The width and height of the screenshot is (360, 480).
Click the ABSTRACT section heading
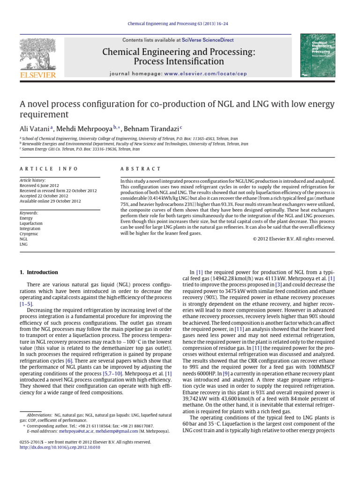tap(141, 169)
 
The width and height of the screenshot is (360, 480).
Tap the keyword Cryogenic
tap(29, 233)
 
